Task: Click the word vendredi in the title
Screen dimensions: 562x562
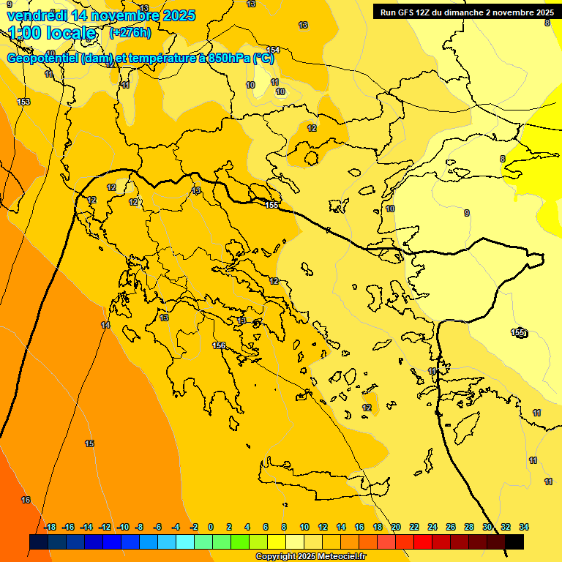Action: point(36,15)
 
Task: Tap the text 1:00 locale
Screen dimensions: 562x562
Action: point(52,33)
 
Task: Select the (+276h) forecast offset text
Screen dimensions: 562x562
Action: point(130,32)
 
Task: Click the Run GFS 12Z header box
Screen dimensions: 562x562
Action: point(467,12)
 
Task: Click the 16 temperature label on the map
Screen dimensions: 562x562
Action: point(26,500)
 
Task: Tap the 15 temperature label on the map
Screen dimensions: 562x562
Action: point(89,443)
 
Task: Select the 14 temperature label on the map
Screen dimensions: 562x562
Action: point(105,325)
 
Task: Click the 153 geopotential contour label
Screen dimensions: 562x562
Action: point(23,102)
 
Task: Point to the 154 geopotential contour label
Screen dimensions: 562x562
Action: point(273,50)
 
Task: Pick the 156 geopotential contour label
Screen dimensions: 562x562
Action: point(219,345)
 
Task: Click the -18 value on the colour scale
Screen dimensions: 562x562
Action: point(50,527)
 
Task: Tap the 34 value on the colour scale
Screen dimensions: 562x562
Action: point(524,527)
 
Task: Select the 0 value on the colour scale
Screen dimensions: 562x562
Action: point(211,527)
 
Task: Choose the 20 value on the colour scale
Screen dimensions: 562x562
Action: point(396,527)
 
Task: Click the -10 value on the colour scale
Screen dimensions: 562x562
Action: point(123,527)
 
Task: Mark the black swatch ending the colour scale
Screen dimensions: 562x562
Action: point(514,542)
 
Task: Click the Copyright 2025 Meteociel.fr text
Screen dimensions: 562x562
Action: point(310,556)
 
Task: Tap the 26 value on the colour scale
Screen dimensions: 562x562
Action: point(451,527)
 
